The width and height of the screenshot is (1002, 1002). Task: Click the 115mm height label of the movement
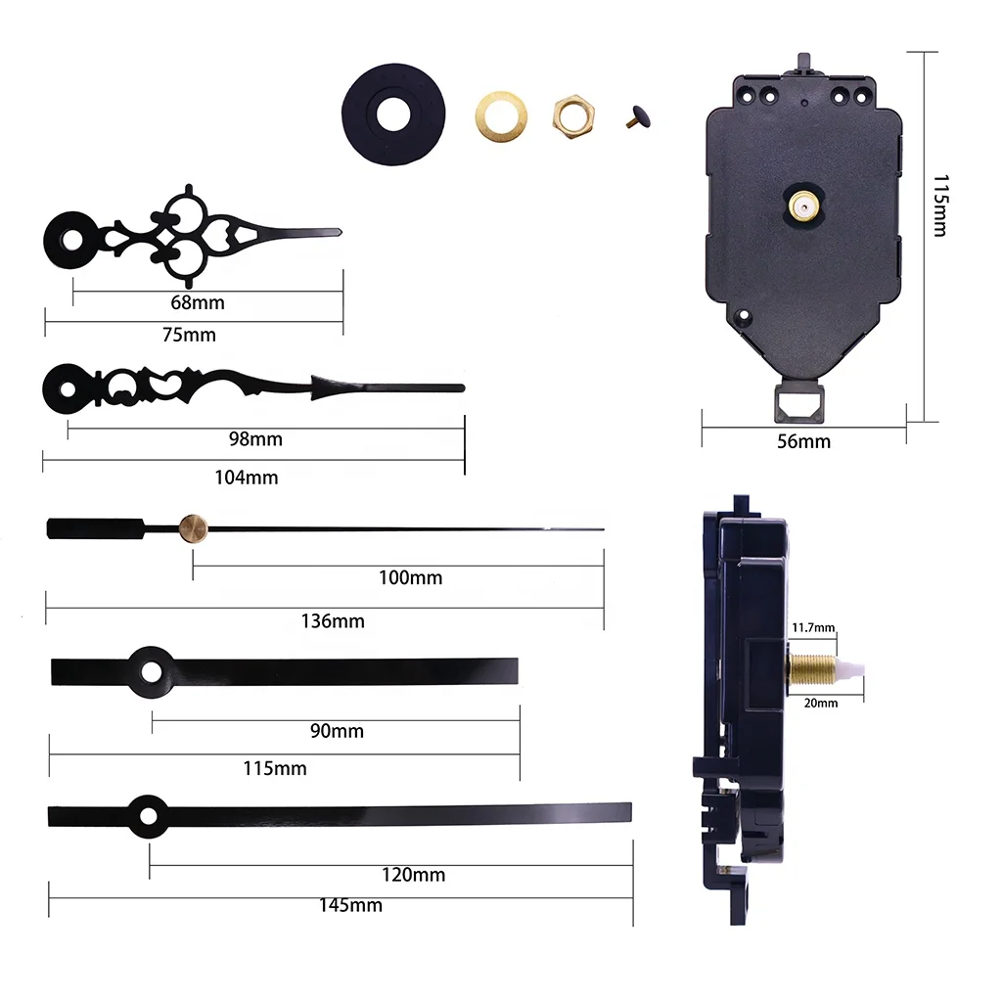click(939, 205)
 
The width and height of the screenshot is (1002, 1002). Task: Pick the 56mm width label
click(803, 441)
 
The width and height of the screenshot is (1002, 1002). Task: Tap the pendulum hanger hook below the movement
click(799, 401)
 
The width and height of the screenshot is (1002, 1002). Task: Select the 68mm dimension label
click(197, 302)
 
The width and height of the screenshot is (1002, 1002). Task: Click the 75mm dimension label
click(188, 335)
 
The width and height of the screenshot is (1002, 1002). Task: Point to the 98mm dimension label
click(255, 439)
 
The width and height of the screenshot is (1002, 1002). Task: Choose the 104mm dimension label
click(247, 478)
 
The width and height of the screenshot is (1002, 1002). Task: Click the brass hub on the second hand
click(193, 528)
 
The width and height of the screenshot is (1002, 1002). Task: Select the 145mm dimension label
click(350, 906)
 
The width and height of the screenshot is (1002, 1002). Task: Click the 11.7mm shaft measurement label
click(813, 627)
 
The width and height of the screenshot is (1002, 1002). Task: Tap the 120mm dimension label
click(413, 875)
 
